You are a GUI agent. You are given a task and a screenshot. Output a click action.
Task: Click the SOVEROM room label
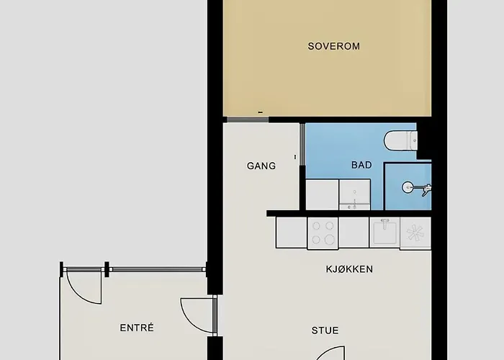tap(333, 47)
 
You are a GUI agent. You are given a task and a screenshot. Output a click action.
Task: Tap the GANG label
tap(261, 166)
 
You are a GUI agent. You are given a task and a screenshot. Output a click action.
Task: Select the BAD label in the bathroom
tap(361, 165)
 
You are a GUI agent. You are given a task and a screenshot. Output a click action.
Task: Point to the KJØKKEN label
tap(348, 269)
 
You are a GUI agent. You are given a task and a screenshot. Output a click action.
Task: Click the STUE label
tap(325, 330)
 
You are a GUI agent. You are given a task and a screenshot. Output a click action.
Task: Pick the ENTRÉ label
tap(137, 328)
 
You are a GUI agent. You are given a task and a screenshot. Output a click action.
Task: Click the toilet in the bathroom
tap(400, 140)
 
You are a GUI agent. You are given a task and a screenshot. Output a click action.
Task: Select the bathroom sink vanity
tap(354, 195)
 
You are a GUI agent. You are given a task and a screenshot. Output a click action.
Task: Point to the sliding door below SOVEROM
tap(244, 119)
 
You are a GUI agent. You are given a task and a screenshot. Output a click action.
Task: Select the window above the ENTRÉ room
tap(156, 269)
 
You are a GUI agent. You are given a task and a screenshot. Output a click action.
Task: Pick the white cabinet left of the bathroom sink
tap(322, 194)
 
